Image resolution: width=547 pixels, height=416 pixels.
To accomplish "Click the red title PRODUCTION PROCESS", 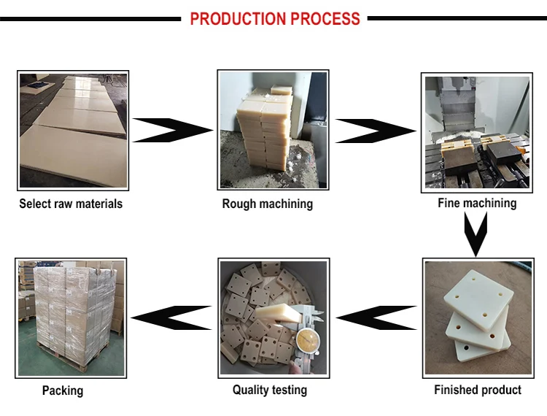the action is tap(275, 19).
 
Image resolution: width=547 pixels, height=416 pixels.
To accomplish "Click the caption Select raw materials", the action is tap(71, 204).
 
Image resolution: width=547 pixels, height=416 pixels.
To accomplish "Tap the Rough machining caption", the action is tap(267, 204).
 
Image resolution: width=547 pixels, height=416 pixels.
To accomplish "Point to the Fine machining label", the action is tap(477, 203).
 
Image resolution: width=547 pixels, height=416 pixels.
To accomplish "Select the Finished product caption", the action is tap(478, 390).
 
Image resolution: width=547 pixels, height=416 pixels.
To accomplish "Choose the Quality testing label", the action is tap(270, 390).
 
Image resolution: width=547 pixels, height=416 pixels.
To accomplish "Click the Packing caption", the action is tap(63, 390).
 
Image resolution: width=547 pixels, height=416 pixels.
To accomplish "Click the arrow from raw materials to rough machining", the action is tap(173, 130).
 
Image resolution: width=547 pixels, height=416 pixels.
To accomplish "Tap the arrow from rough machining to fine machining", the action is tap(376, 131).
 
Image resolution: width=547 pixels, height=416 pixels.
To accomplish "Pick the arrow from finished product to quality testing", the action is tap(376, 317).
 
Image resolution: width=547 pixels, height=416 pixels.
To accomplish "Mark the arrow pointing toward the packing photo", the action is tap(171, 317).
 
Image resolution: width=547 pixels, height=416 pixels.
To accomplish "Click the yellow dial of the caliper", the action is tap(307, 342).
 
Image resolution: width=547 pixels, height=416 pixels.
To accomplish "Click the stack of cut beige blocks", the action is tap(264, 129).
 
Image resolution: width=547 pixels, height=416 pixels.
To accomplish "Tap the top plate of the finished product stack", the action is tap(478, 300).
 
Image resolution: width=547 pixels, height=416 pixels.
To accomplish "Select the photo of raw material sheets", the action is tap(73, 131).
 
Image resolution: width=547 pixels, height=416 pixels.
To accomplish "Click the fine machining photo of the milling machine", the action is tap(477, 133).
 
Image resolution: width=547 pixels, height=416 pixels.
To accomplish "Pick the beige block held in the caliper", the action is tap(278, 313).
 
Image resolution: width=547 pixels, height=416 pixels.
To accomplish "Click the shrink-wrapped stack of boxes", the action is tap(74, 307).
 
